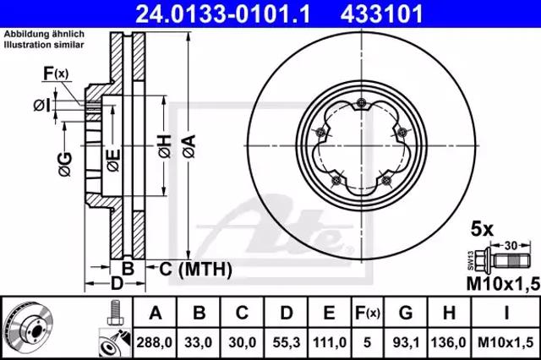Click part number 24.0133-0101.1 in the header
click(223, 14)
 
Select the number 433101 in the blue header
click(381, 14)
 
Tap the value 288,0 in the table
click(154, 342)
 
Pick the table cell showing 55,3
click(286, 342)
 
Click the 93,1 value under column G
click(406, 342)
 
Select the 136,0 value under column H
click(449, 342)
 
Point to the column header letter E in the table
click(329, 314)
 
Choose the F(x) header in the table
click(368, 314)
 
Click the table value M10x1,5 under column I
click(505, 342)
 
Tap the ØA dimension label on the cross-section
click(189, 146)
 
